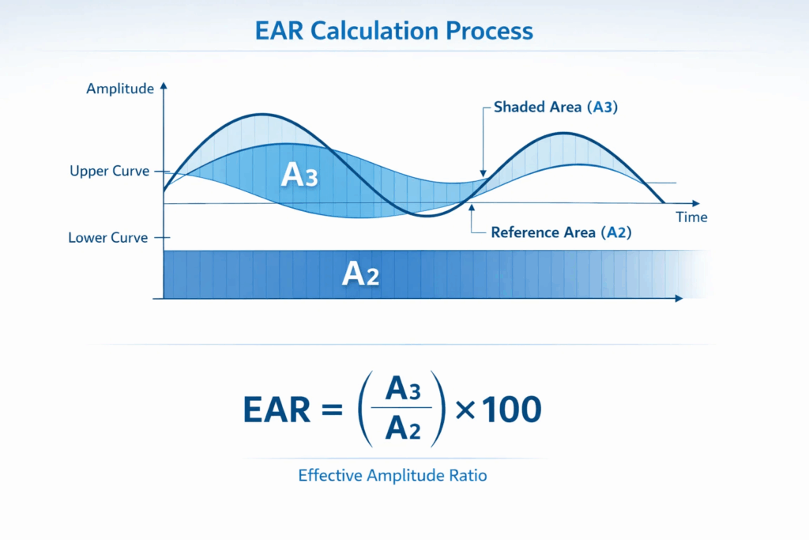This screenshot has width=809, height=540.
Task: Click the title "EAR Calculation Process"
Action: (394, 31)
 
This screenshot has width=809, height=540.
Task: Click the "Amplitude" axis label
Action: (120, 89)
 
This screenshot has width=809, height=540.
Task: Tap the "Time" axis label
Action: (691, 217)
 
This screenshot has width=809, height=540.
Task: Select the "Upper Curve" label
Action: (109, 171)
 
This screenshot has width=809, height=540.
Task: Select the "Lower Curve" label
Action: (108, 237)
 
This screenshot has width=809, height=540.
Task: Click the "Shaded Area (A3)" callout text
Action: (555, 108)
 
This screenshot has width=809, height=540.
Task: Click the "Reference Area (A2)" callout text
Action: (561, 232)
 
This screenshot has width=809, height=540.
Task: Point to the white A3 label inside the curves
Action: (299, 176)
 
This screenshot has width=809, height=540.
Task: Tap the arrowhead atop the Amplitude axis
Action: (164, 85)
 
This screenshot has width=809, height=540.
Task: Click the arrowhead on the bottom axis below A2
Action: (678, 299)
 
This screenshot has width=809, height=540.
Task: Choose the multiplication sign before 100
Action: (465, 410)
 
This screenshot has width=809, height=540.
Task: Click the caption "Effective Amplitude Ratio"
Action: (393, 476)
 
